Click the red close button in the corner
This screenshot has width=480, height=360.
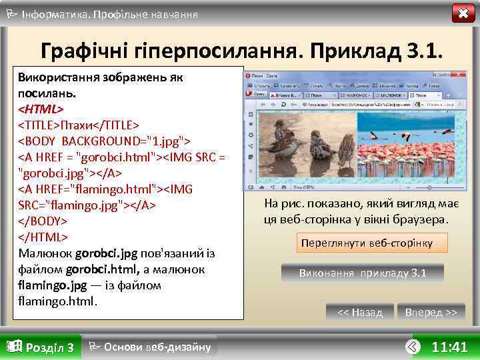(x=463, y=13)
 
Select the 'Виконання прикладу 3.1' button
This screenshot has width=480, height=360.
(x=362, y=273)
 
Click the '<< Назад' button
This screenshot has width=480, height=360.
(x=360, y=312)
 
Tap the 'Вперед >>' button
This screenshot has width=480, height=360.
(x=431, y=312)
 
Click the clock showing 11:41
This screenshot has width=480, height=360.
(x=449, y=347)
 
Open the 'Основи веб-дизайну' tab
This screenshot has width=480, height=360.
(x=150, y=347)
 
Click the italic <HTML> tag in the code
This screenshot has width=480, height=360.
(x=41, y=108)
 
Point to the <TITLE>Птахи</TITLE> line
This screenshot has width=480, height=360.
(x=79, y=125)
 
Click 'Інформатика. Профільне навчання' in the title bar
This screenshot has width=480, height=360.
(x=109, y=13)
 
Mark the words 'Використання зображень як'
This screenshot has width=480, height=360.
(x=100, y=77)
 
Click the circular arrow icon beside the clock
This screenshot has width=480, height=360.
(x=413, y=347)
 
